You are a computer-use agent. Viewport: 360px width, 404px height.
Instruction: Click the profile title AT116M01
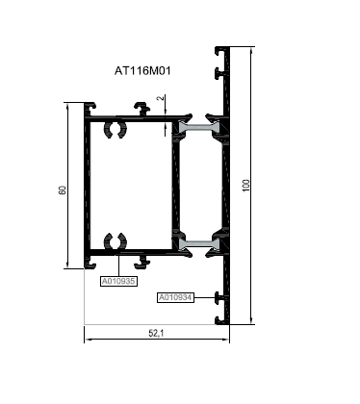click(142, 70)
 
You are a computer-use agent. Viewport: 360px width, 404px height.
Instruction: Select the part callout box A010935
click(118, 282)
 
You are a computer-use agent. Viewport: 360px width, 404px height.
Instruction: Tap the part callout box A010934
click(176, 297)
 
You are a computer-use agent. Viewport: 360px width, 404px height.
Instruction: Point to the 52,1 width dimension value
click(156, 334)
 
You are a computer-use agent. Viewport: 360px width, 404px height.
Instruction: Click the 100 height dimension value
click(246, 186)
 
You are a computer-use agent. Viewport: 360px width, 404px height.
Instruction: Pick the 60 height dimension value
click(63, 190)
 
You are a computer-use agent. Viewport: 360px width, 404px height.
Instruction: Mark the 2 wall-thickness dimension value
click(161, 98)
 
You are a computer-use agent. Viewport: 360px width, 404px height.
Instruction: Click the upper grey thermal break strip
click(199, 127)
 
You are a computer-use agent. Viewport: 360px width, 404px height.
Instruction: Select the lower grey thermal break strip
click(199, 244)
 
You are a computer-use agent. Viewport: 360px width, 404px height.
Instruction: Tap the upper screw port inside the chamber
click(116, 130)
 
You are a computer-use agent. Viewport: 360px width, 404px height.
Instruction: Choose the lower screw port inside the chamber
click(116, 241)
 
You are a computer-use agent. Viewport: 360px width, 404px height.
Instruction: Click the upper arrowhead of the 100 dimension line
click(251, 50)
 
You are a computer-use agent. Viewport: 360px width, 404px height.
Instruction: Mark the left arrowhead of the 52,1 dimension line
click(88, 339)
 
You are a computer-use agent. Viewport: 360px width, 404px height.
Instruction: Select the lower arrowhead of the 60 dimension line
click(67, 265)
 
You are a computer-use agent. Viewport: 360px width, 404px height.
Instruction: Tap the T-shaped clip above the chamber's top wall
click(141, 109)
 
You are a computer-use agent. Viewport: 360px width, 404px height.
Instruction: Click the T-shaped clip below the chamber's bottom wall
click(141, 262)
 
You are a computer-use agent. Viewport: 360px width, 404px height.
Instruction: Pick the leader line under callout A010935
click(118, 265)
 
